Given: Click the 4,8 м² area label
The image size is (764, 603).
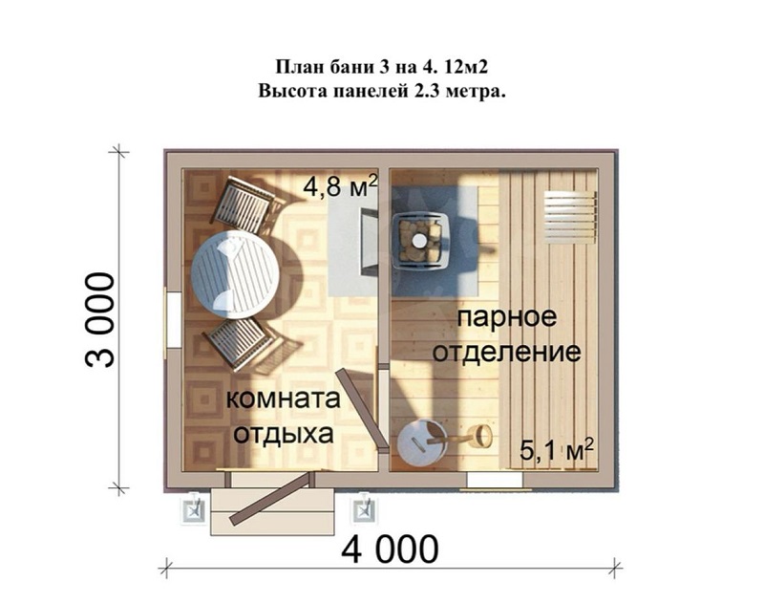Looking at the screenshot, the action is click(340, 185).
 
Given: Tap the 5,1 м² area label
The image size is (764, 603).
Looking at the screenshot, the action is click(557, 449).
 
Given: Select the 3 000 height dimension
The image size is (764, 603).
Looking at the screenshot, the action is click(99, 320).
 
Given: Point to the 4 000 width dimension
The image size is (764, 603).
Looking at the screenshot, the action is click(390, 549).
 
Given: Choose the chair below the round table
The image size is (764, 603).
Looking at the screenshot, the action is click(239, 342).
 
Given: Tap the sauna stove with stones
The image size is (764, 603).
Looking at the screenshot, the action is click(420, 240).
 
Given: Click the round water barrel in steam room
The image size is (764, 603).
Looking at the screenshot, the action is click(421, 442).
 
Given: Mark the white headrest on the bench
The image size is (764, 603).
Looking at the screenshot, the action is click(569, 217).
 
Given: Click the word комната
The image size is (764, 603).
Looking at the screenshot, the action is click(283, 399).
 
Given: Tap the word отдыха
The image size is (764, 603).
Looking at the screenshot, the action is click(283, 434).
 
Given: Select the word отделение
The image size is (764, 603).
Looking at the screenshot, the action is click(507, 352).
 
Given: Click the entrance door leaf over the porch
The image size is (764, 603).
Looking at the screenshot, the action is click(270, 498).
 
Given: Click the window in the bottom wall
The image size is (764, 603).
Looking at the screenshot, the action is click(495, 480).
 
